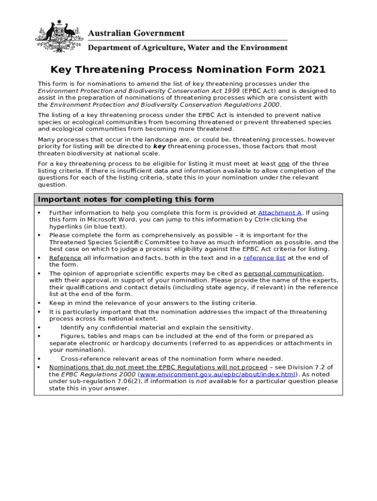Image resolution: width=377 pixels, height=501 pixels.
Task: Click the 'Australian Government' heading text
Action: point(136,33)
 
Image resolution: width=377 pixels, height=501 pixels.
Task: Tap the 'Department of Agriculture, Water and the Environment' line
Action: point(188,48)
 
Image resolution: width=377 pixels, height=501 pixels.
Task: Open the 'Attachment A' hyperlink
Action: point(280,213)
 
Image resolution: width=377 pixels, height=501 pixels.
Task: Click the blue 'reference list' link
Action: point(264,258)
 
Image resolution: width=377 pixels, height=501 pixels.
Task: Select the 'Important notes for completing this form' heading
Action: point(126,199)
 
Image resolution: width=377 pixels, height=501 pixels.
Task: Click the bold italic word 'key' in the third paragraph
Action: point(159,146)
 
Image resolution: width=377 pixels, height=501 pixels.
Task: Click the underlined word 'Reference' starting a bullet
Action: point(65,258)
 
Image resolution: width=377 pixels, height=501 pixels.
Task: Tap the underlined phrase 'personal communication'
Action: point(283,273)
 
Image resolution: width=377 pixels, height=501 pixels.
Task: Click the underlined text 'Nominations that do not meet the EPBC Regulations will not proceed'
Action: point(158,367)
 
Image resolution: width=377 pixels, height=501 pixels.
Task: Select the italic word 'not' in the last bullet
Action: point(201,381)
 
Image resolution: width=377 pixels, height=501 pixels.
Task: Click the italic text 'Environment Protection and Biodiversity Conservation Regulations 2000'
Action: point(165,105)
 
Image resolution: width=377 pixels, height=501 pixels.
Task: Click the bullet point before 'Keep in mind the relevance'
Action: point(39,303)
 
